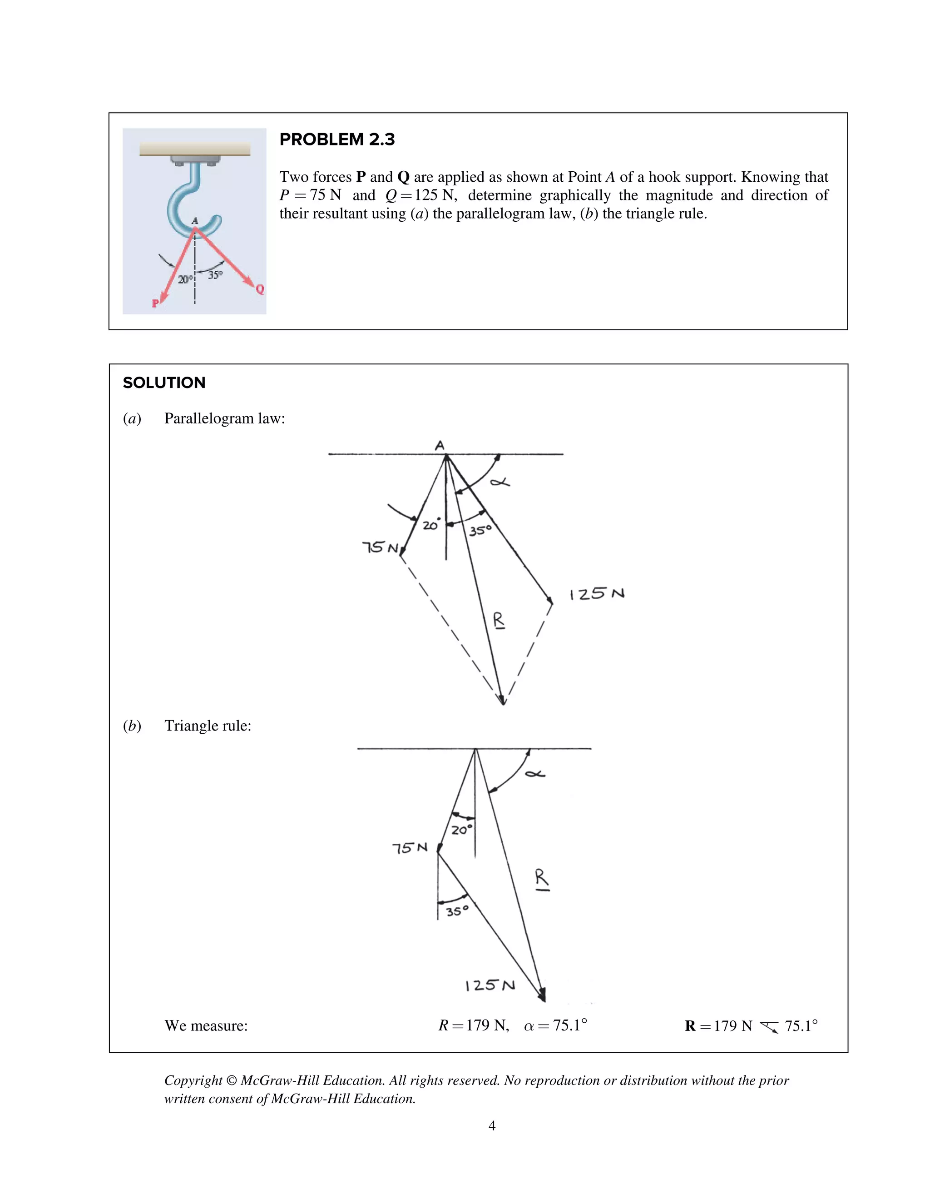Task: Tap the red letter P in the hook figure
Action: pyautogui.click(x=155, y=303)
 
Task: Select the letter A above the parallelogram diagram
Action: pyautogui.click(x=439, y=445)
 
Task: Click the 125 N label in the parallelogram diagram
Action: pyautogui.click(x=597, y=594)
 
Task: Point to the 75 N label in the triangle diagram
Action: pyautogui.click(x=409, y=848)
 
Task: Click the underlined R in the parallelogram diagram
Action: pyautogui.click(x=498, y=620)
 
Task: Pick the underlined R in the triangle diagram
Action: pyautogui.click(x=542, y=878)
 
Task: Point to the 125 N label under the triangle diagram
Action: pyautogui.click(x=490, y=985)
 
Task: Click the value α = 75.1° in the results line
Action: pyautogui.click(x=555, y=1025)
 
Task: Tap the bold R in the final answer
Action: pyautogui.click(x=690, y=1026)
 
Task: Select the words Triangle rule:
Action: pyautogui.click(x=208, y=726)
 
